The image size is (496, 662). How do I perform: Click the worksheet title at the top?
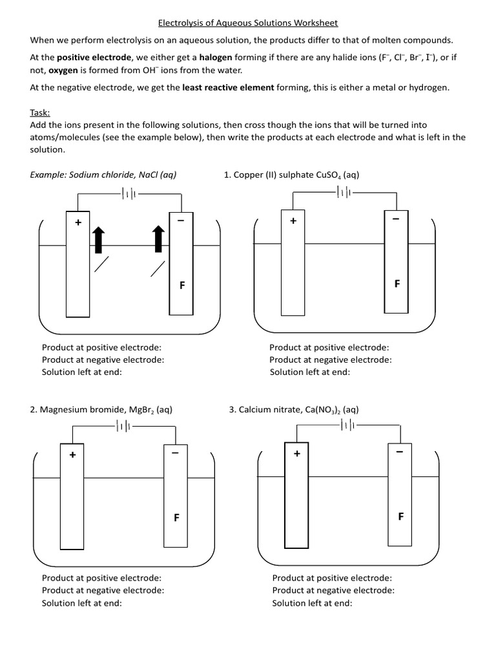click(x=248, y=23)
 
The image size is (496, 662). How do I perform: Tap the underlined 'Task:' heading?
click(x=41, y=112)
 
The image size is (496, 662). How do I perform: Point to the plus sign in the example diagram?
click(x=78, y=222)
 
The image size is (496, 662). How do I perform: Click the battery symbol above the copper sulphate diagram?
click(x=342, y=192)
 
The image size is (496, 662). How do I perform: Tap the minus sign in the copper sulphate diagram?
click(x=395, y=219)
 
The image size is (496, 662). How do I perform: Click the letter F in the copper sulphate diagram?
click(x=397, y=284)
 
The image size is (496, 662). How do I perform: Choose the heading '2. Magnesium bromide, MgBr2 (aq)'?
click(x=101, y=410)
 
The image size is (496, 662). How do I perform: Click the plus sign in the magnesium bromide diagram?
click(x=72, y=455)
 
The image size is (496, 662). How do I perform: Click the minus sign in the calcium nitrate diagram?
click(x=399, y=451)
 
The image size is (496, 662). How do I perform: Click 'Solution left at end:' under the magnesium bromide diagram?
click(x=82, y=603)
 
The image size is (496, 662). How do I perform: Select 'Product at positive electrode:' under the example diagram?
click(x=101, y=347)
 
